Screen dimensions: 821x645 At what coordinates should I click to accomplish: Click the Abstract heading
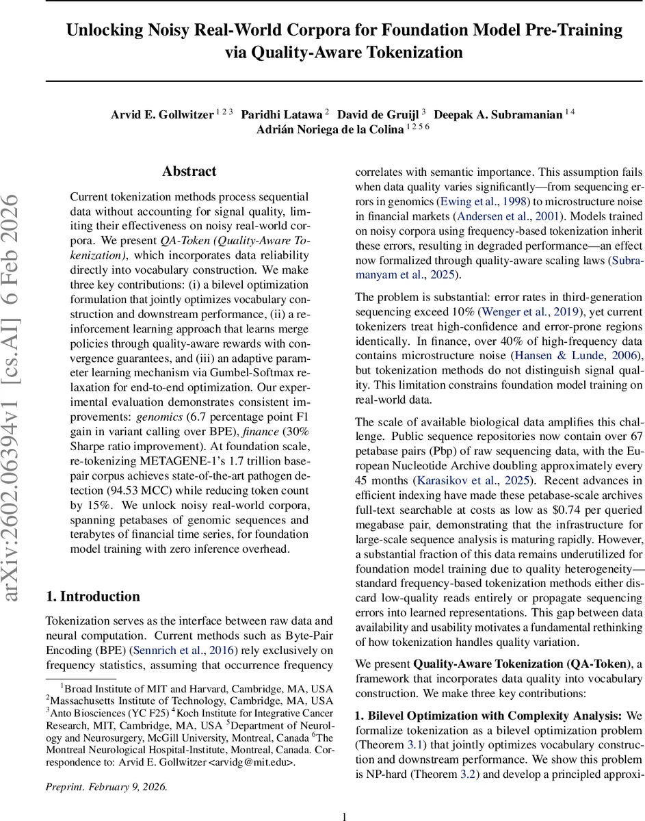point(189,171)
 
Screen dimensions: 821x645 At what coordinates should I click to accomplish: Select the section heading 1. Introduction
point(93,596)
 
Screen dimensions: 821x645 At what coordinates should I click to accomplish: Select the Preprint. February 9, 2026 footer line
point(106,786)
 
